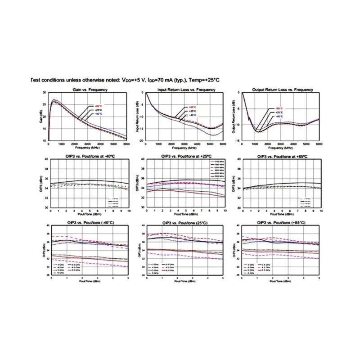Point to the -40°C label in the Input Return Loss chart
192,115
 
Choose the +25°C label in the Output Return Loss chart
279,112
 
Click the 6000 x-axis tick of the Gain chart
126,144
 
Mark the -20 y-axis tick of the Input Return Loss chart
141,141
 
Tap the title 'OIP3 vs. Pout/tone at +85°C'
282,156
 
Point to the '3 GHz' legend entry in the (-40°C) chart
62,264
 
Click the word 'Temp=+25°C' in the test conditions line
203,80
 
